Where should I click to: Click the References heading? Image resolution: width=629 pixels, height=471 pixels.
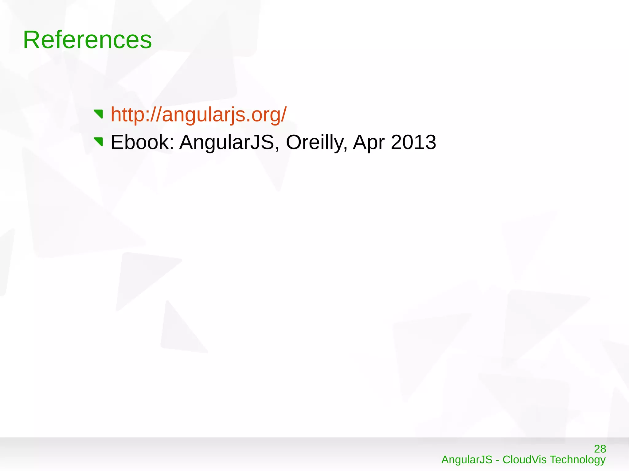[88, 40]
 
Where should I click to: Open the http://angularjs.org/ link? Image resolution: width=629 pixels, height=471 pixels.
[198, 114]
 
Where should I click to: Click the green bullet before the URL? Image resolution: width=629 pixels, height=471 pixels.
[99, 114]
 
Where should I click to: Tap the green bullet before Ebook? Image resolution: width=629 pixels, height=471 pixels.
[99, 142]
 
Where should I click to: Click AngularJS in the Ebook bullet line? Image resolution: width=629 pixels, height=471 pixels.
[227, 142]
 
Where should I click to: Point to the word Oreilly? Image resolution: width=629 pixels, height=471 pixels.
[316, 142]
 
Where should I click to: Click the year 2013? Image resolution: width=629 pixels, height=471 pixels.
[413, 142]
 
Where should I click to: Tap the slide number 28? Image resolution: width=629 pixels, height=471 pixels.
[600, 449]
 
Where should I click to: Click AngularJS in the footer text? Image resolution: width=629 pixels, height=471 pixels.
[467, 460]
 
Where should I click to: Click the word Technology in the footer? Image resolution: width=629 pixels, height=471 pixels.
[577, 460]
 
